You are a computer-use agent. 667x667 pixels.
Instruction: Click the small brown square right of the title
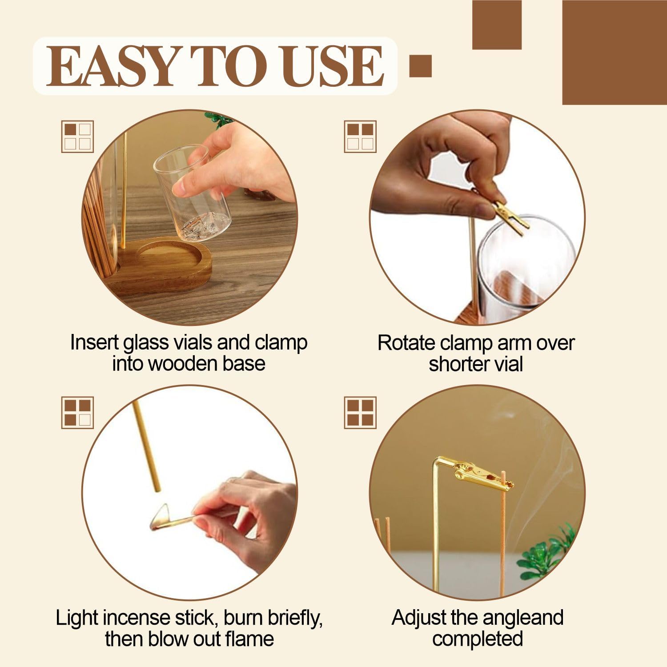pyautogui.click(x=420, y=66)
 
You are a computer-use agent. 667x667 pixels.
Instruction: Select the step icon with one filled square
pyautogui.click(x=77, y=137)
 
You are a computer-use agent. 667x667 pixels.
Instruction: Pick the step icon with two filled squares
pyautogui.click(x=360, y=137)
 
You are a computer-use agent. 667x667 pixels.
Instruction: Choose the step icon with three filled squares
pyautogui.click(x=77, y=413)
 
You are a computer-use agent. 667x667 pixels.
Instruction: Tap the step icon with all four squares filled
pyautogui.click(x=360, y=413)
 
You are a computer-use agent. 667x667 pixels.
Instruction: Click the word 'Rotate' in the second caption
pyautogui.click(x=406, y=343)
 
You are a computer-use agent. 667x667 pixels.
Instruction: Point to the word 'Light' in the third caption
pyautogui.click(x=76, y=618)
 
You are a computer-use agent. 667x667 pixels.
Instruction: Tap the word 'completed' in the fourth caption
pyautogui.click(x=477, y=639)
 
